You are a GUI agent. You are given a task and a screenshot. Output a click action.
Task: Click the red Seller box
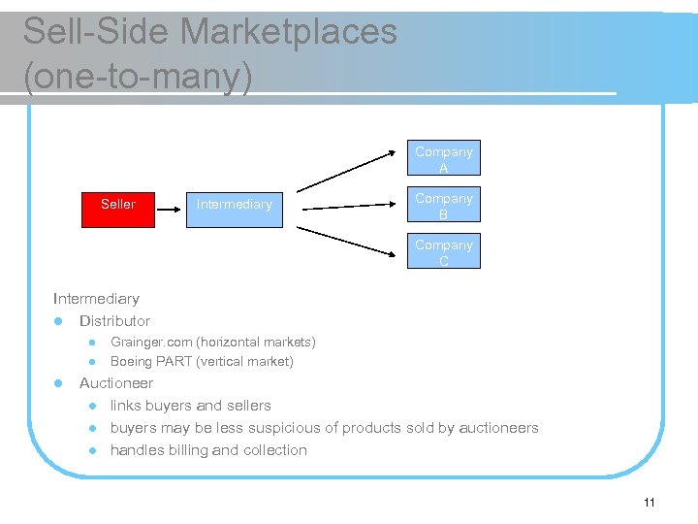tap(118, 205)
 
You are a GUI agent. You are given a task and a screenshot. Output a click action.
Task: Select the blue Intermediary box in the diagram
tap(234, 205)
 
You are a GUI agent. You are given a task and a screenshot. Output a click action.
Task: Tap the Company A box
tap(444, 159)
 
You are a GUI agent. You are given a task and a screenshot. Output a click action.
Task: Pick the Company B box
tap(444, 206)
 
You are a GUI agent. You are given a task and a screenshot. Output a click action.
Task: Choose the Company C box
tap(444, 252)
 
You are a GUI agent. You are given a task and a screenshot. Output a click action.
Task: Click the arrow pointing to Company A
tap(349, 170)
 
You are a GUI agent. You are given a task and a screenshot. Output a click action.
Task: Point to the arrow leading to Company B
tap(351, 206)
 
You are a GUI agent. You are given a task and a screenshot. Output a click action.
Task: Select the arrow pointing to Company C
tap(349, 241)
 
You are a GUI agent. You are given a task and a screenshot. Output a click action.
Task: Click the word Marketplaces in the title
tap(288, 32)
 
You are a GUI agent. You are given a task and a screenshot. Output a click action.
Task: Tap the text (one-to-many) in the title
tap(138, 77)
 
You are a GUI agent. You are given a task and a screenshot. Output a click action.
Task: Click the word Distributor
tap(114, 321)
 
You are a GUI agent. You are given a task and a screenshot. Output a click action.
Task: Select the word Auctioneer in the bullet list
tap(115, 383)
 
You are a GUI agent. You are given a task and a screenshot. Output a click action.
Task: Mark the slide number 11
tap(649, 502)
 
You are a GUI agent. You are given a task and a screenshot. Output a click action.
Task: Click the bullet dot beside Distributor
tap(58, 321)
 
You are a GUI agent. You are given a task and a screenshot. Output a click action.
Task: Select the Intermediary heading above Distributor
tap(96, 299)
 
